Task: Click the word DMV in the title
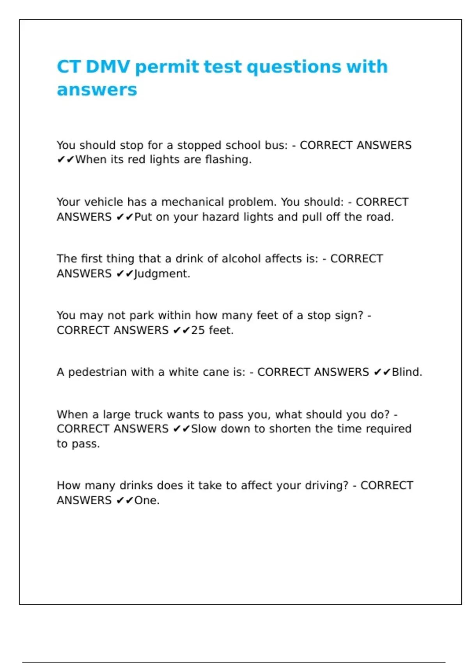tap(108, 66)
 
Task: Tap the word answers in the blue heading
tap(97, 90)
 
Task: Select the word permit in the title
tap(167, 67)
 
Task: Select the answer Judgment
tap(162, 274)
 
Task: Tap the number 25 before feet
tap(198, 330)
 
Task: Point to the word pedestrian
tap(97, 372)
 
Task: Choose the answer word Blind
tap(407, 372)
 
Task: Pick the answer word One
tap(147, 500)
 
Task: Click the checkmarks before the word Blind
tap(382, 372)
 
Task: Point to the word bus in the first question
tap(276, 145)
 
